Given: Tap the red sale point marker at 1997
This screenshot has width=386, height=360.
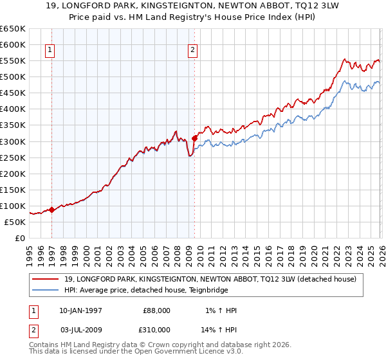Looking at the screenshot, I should tap(52, 209).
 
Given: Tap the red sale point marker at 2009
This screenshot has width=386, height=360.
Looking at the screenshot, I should tap(194, 137).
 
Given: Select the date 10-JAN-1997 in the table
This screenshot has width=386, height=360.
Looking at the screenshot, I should tap(80, 310).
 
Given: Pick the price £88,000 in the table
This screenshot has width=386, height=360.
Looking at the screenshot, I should tap(157, 310).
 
